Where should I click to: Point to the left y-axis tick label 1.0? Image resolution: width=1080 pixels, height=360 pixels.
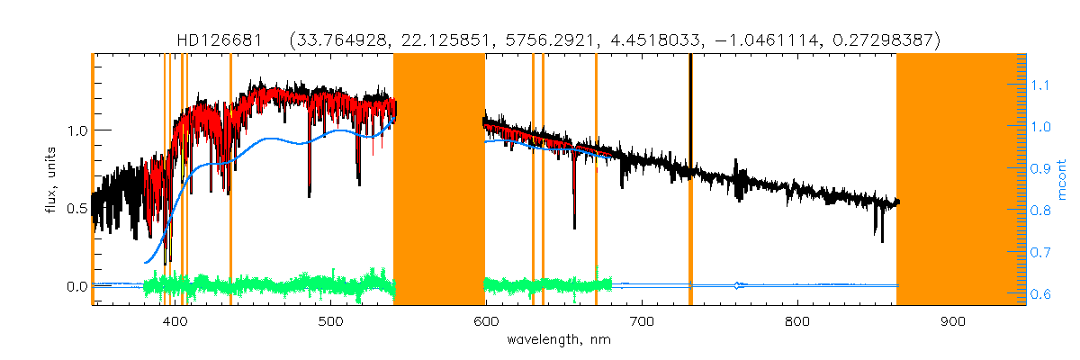77,130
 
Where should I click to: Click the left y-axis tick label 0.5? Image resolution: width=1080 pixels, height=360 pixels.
77,209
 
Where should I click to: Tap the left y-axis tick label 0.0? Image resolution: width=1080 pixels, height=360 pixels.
77,287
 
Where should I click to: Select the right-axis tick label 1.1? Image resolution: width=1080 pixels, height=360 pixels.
1040,85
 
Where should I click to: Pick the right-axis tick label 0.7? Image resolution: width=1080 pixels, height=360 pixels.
1040,253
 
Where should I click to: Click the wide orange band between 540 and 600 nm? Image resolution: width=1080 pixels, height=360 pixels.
439,180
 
